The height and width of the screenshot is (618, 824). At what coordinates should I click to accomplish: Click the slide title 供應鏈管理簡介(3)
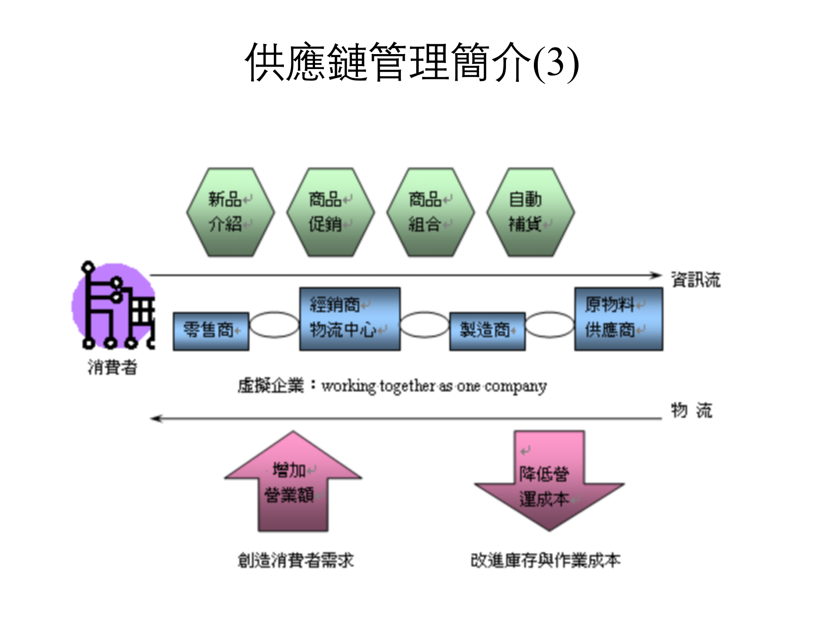pos(412,63)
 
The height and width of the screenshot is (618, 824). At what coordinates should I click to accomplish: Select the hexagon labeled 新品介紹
pos(230,212)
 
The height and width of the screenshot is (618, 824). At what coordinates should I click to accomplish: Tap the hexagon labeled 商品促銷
pos(330,212)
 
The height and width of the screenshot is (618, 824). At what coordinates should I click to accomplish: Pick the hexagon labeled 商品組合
pos(430,212)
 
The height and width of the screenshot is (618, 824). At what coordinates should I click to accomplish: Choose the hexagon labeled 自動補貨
pos(530,212)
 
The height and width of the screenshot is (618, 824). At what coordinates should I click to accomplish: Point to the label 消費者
pos(112,367)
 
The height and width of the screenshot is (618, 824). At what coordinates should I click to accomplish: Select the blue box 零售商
pos(211,331)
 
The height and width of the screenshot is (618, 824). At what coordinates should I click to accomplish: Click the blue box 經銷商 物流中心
pos(350,319)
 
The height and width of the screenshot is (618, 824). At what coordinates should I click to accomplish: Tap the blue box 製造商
pos(487,331)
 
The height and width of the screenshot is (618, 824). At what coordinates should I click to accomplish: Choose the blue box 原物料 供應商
pos(618,319)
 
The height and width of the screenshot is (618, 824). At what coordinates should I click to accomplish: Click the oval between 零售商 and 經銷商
pos(274,325)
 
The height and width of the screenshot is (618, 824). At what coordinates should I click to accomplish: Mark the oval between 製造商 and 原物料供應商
pos(550,325)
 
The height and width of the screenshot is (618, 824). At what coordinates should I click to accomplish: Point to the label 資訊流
pos(696,279)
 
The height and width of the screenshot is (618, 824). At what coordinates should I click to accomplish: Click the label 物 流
pos(691,410)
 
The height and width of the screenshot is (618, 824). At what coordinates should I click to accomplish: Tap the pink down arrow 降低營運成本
pos(549,485)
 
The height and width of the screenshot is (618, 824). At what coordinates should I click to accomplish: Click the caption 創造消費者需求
pos(296,560)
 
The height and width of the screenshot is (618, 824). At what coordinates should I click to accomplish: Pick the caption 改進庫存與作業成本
pos(545,560)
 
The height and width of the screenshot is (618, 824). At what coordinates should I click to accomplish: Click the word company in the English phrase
pos(515,386)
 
